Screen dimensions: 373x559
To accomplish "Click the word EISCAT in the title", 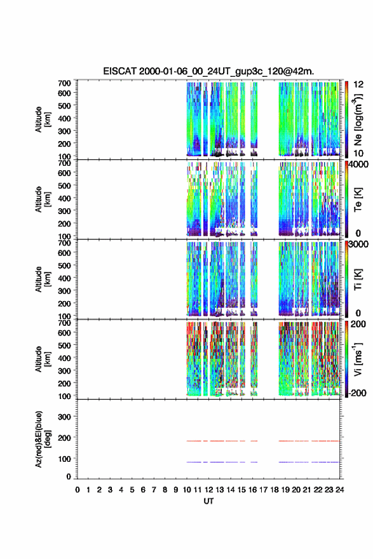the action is point(120,71).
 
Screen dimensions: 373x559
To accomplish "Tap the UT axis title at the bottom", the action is point(208,501).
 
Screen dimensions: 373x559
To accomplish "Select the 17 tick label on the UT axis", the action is point(263,490).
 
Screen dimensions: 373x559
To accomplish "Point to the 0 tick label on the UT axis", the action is point(78,490).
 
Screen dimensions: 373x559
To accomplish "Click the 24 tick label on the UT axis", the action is point(339,490).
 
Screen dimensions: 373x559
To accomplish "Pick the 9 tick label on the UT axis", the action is point(176,490).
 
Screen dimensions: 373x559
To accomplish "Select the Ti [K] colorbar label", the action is point(358,279).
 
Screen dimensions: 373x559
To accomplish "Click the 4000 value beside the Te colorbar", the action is point(358,165).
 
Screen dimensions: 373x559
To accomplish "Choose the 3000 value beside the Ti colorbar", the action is point(358,244).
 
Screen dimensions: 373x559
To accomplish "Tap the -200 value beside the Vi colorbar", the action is point(357,393).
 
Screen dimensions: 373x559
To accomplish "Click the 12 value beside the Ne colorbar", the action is point(358,84).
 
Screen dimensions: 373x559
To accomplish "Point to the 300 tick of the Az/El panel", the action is point(64,417).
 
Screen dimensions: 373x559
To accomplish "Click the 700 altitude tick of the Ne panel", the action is point(64,83).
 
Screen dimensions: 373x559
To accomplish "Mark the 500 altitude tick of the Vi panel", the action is point(64,345).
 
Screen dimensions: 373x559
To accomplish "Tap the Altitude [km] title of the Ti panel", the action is point(43,279).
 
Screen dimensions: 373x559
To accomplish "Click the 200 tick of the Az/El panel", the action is point(64,438).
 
